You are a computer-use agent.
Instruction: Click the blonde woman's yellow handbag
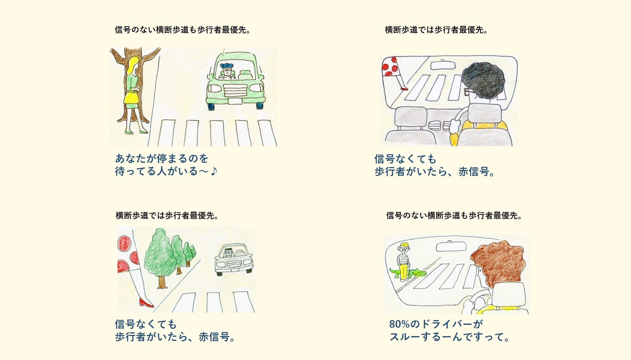(131, 98)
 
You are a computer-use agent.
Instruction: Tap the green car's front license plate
(235, 101)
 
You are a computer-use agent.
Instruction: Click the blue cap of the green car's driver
(227, 66)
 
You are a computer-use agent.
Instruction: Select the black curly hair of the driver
(483, 80)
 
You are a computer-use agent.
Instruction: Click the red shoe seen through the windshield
(405, 89)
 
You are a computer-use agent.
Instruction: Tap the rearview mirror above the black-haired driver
(443, 65)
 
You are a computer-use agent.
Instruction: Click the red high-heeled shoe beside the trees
(146, 303)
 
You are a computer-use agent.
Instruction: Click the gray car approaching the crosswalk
(234, 259)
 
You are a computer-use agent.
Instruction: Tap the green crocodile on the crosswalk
(408, 273)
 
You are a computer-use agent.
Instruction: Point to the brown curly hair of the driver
(498, 262)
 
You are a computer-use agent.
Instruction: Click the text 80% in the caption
(399, 324)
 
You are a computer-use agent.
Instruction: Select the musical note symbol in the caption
(214, 170)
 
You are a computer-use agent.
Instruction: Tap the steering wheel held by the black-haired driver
(458, 118)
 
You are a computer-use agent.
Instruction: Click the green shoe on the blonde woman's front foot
(143, 132)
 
